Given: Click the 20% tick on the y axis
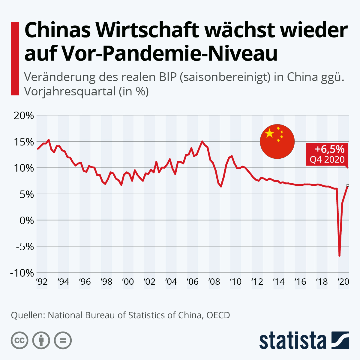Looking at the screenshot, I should pyautogui.click(x=24, y=115).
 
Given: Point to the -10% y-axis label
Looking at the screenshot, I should pyautogui.click(x=22, y=273).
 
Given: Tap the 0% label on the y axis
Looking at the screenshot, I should pyautogui.click(x=27, y=220).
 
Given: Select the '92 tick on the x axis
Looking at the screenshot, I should pyautogui.click(x=42, y=282).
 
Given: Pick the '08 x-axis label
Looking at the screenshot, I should pyautogui.click(x=214, y=282).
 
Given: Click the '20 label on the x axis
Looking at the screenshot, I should pyautogui.click(x=343, y=282).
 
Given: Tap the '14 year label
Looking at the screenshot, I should pyautogui.click(x=279, y=282).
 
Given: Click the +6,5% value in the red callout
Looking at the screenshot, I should pyautogui.click(x=329, y=149).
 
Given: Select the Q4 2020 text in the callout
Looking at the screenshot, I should pyautogui.click(x=327, y=159).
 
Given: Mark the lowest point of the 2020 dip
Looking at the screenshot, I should pyautogui.click(x=339, y=256).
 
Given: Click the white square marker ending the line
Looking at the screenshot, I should pyautogui.click(x=348, y=185).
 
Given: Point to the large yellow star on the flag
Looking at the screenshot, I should pyautogui.click(x=270, y=133).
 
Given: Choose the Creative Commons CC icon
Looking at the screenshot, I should pyautogui.click(x=19, y=340).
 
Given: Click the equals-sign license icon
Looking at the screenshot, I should pyautogui.click(x=63, y=340).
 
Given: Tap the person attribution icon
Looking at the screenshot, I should pyautogui.click(x=41, y=340).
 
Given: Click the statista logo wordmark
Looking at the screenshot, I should pyautogui.click(x=292, y=341).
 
